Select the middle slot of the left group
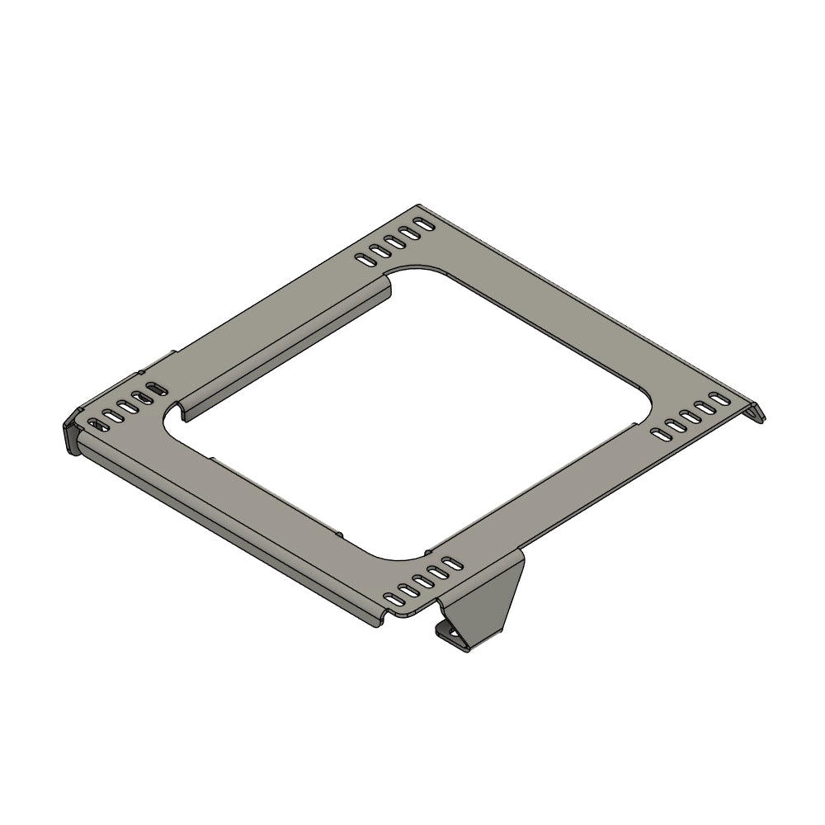(124, 406)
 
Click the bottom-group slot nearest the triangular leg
(450, 564)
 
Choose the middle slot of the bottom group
(421, 582)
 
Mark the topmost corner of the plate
(420, 205)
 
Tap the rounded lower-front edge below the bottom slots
(231, 536)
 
